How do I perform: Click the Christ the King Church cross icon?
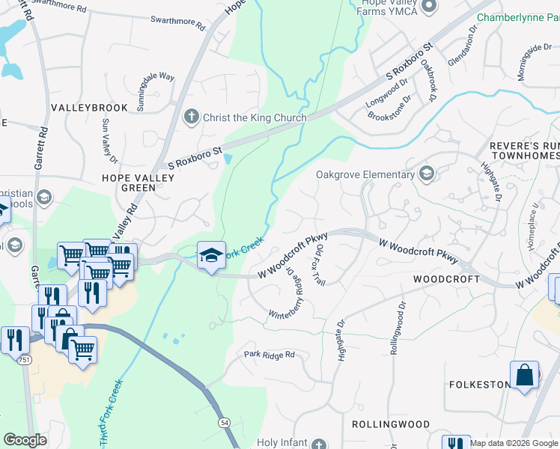coord(191,117)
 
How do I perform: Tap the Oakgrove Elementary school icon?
coord(427,174)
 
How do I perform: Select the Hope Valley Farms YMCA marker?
coord(428,7)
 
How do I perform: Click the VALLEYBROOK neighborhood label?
coord(89,108)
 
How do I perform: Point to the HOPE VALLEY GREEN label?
coord(139,183)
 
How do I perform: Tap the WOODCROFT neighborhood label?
coord(446,278)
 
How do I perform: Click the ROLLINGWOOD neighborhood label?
coord(391,424)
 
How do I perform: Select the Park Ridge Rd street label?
coord(270,354)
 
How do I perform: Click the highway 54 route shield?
coord(225,424)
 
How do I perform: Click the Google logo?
coord(25,440)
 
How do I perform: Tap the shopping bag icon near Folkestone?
coord(525,376)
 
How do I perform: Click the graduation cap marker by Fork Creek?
coord(211,256)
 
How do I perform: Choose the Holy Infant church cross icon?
coord(320,443)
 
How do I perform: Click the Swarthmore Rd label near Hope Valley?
coord(177,22)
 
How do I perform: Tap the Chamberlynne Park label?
coord(516,16)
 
